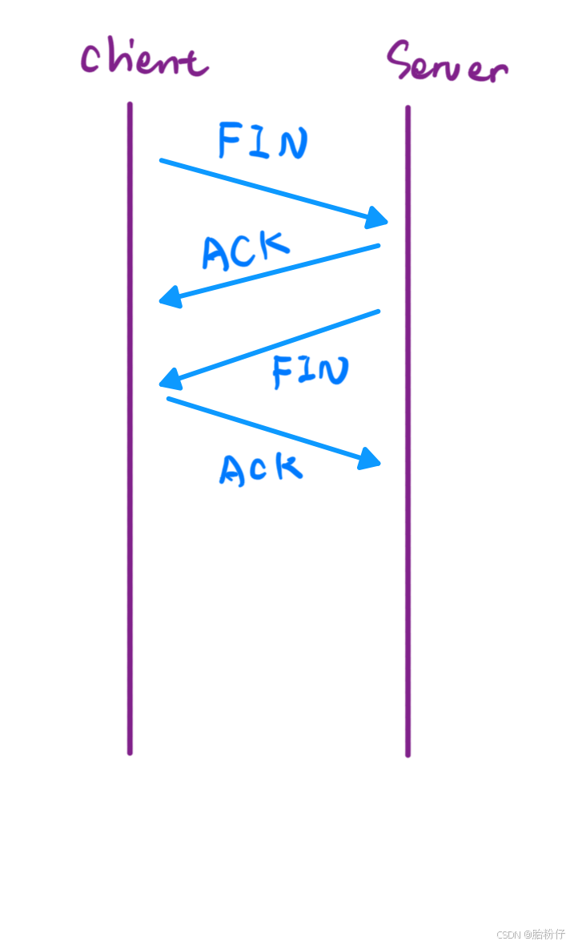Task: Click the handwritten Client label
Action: point(144,60)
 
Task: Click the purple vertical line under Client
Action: point(130,481)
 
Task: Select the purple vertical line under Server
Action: point(407,481)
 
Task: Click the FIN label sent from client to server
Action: point(263,141)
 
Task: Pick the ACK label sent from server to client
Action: point(245,250)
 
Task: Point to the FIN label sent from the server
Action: point(311,371)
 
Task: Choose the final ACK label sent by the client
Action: point(261,469)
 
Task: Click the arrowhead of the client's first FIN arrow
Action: point(379,217)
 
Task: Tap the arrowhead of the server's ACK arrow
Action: point(167,298)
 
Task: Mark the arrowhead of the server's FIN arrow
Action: point(167,377)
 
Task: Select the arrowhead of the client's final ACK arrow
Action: point(371,458)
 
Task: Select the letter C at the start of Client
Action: point(92,58)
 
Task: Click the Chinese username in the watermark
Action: point(548,934)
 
